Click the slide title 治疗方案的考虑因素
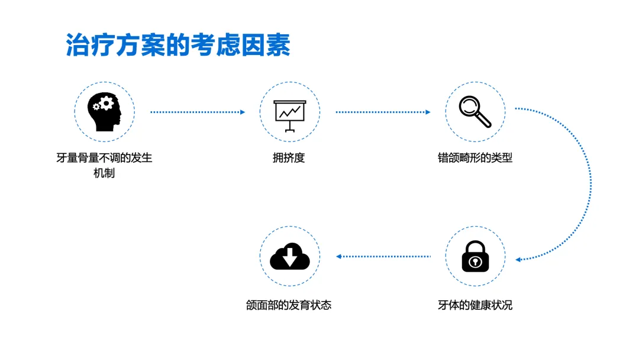[178, 45]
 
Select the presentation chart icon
[290, 113]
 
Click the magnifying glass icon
[475, 111]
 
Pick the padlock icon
[475, 256]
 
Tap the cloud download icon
[290, 256]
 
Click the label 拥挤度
[289, 158]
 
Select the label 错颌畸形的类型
[475, 158]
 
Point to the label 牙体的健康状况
[475, 306]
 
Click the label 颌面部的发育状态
[289, 306]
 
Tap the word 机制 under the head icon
[104, 173]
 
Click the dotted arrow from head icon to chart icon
[197, 112]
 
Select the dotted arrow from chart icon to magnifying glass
[383, 112]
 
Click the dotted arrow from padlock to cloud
[383, 256]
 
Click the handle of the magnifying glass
[484, 120]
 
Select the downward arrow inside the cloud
[290, 256]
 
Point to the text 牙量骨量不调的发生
[104, 158]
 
